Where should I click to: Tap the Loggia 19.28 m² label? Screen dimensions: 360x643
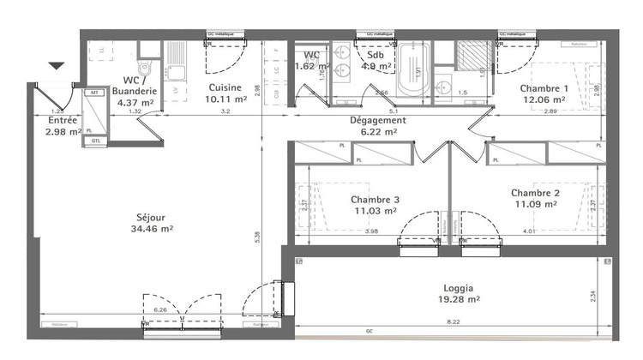454,295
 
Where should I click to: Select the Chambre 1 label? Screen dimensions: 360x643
544,94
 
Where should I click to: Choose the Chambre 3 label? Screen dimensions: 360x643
376,205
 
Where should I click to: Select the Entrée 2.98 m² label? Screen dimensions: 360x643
62,126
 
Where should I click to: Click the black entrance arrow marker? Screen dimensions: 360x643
57,66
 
